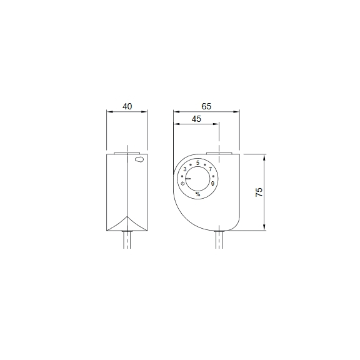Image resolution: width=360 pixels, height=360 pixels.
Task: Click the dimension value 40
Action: (x=127, y=107)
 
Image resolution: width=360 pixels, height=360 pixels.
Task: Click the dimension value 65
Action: (x=207, y=107)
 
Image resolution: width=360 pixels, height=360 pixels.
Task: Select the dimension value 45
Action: (x=196, y=119)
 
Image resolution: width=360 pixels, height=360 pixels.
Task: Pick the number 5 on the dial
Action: (x=197, y=163)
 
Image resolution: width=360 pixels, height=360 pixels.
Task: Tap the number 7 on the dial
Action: (x=211, y=169)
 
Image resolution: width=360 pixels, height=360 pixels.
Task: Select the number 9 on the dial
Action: (x=213, y=183)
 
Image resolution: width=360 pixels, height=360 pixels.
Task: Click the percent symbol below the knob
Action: (x=197, y=194)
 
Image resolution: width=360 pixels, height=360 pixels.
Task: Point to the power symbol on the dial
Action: (x=182, y=183)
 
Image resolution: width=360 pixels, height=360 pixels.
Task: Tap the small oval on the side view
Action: (x=138, y=160)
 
